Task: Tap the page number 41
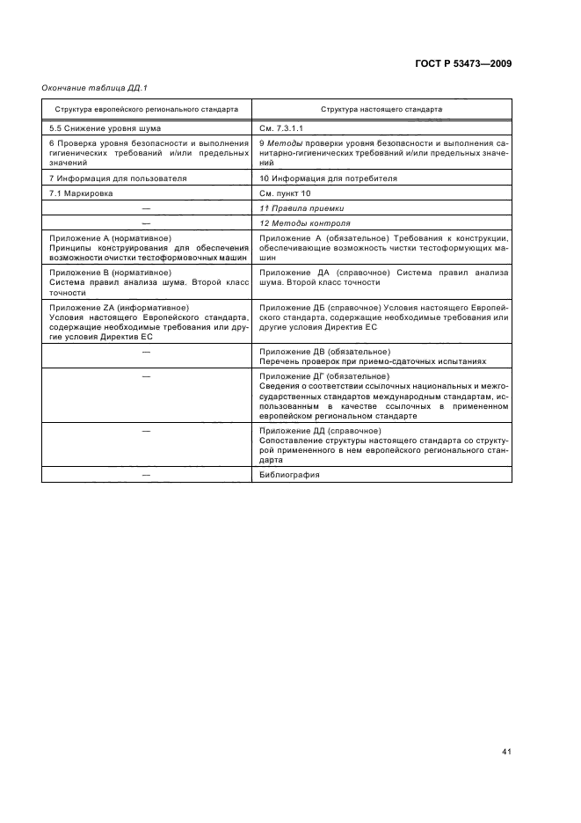tap(506, 752)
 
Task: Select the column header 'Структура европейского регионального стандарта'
tap(146, 110)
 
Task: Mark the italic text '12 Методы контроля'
tap(299, 223)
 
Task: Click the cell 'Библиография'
tap(289, 475)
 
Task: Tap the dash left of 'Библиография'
tap(146, 475)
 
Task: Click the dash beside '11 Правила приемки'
tap(146, 208)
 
